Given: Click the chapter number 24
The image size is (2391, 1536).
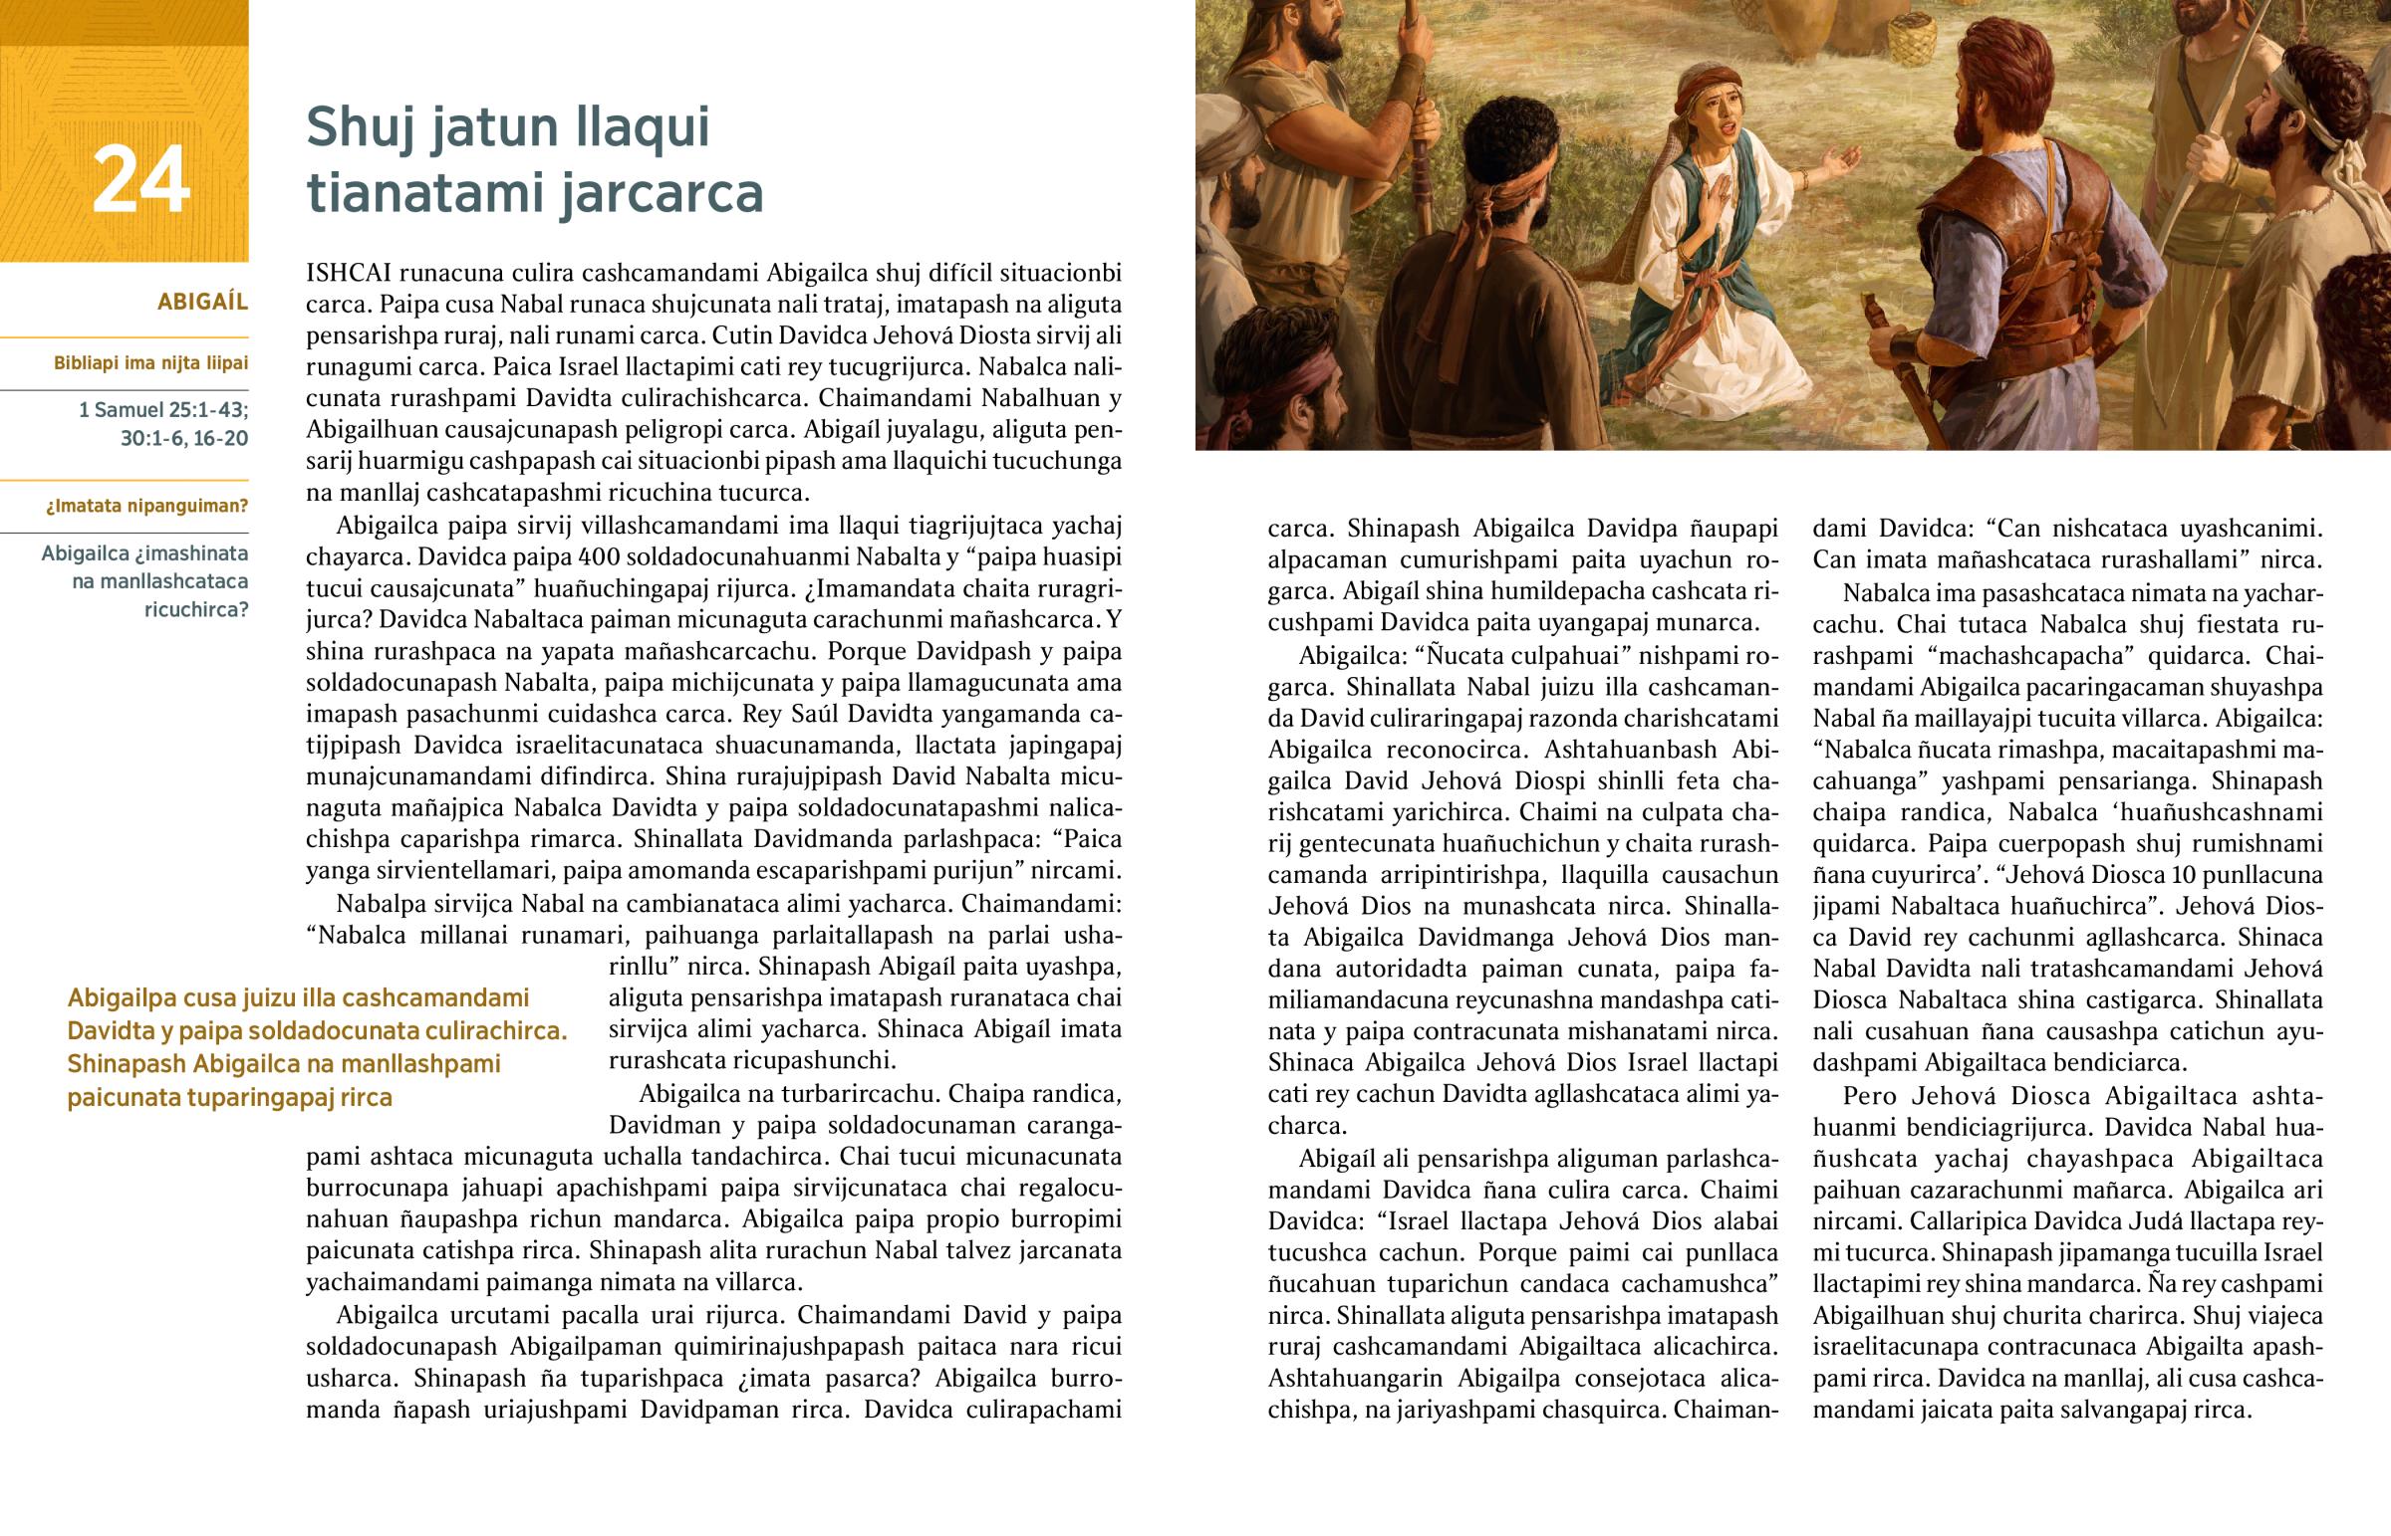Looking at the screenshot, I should [140, 180].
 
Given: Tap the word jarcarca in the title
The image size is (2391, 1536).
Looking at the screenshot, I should [662, 192].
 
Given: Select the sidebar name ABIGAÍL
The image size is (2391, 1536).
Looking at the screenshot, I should [202, 303].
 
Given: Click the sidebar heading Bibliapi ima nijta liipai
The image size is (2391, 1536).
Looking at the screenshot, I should [150, 363].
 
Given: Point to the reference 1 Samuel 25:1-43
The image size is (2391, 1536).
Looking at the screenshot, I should [163, 409].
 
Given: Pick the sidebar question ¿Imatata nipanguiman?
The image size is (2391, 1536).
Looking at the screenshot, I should [146, 506].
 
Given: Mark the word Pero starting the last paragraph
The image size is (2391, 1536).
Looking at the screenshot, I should [1869, 1096].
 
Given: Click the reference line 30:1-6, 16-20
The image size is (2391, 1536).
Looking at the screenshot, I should [183, 439].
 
